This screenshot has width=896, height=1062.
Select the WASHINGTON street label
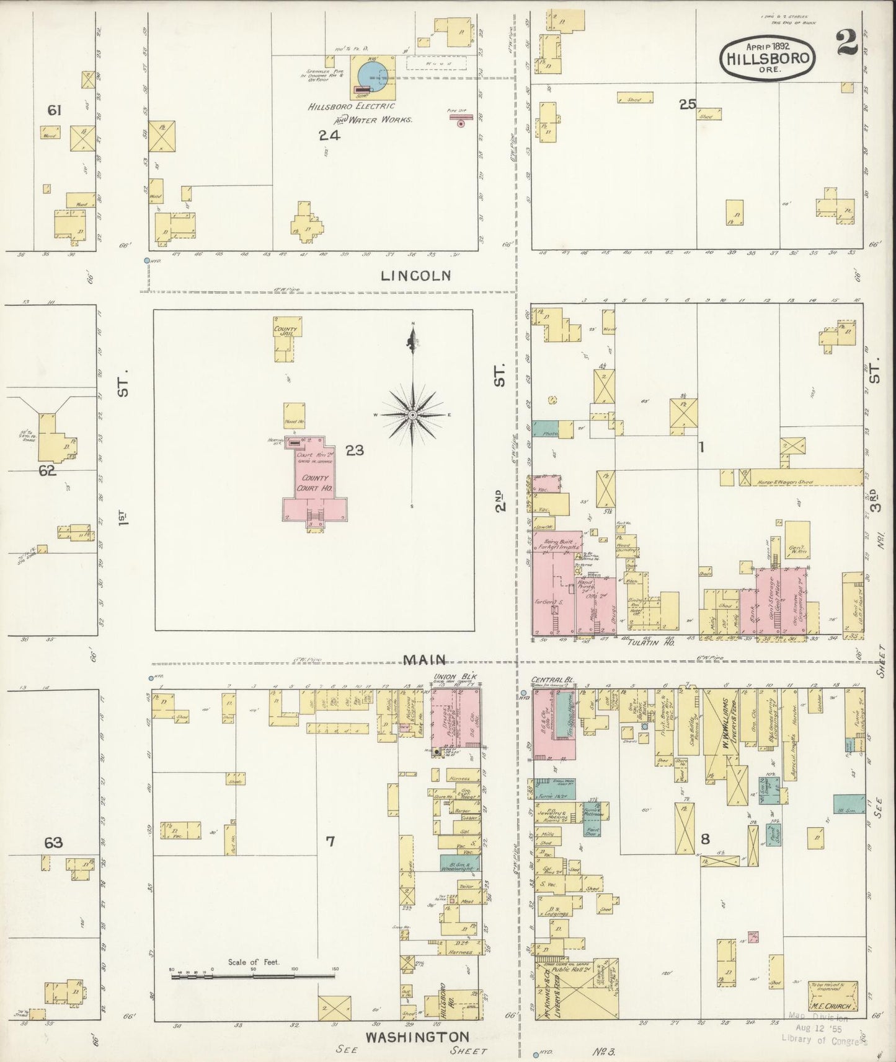click(x=416, y=1037)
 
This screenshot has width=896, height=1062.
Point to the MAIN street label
click(x=425, y=660)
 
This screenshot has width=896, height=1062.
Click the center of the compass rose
click(x=412, y=415)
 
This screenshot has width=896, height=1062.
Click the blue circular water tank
click(x=372, y=76)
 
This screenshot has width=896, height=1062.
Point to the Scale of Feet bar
click(x=253, y=976)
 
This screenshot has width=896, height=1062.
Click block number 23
click(x=354, y=450)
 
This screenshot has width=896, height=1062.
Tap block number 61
click(x=55, y=110)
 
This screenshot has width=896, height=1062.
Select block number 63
click(x=53, y=843)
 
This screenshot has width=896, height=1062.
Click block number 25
click(x=687, y=104)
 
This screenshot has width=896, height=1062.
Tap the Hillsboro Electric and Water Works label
click(x=360, y=112)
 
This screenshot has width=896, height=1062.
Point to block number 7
click(x=330, y=841)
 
